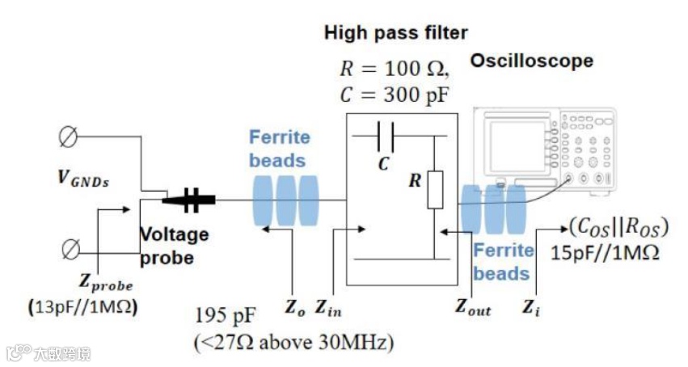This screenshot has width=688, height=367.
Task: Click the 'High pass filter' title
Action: click(x=395, y=33)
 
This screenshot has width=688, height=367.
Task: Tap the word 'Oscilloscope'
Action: click(x=532, y=61)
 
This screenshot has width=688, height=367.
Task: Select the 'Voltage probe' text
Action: click(x=175, y=246)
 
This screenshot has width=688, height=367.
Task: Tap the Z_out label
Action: click(x=473, y=306)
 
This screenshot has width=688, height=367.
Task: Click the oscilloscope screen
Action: click(x=513, y=146)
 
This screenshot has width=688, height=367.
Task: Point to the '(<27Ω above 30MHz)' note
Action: click(x=293, y=343)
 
